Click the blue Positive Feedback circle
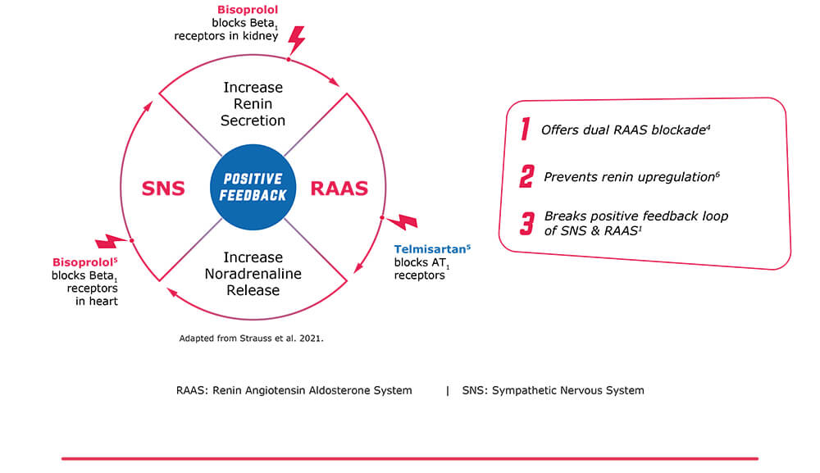click(x=253, y=187)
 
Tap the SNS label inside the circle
click(x=163, y=189)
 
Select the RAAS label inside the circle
click(x=339, y=189)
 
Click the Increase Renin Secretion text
click(x=253, y=104)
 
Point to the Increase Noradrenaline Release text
click(x=253, y=274)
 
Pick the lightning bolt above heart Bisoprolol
click(x=112, y=241)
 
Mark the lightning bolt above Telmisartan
click(x=402, y=221)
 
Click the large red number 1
click(x=525, y=129)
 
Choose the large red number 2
click(x=526, y=176)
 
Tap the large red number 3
click(x=526, y=223)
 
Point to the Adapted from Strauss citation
click(x=252, y=337)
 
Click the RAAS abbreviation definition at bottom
click(x=294, y=390)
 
